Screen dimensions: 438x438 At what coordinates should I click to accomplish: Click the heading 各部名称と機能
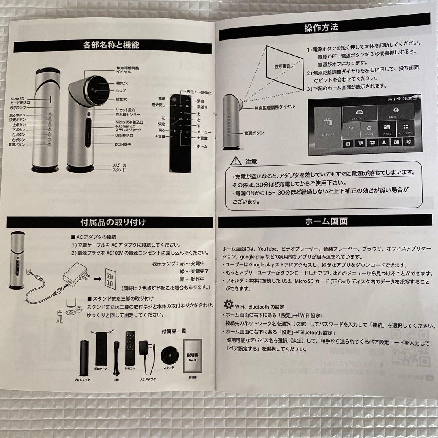tap(111, 45)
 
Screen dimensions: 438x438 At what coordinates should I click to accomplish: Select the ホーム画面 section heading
tap(326, 221)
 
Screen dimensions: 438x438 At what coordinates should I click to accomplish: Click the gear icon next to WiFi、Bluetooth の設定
tap(229, 304)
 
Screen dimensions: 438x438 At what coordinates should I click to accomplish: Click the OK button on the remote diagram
tap(181, 119)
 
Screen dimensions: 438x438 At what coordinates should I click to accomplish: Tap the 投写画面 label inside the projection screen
tap(282, 65)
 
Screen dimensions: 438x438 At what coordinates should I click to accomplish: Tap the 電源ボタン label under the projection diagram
tap(253, 133)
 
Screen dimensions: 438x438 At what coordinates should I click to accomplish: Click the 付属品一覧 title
tap(174, 331)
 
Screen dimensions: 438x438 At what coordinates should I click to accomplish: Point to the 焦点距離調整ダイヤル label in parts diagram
tap(127, 70)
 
